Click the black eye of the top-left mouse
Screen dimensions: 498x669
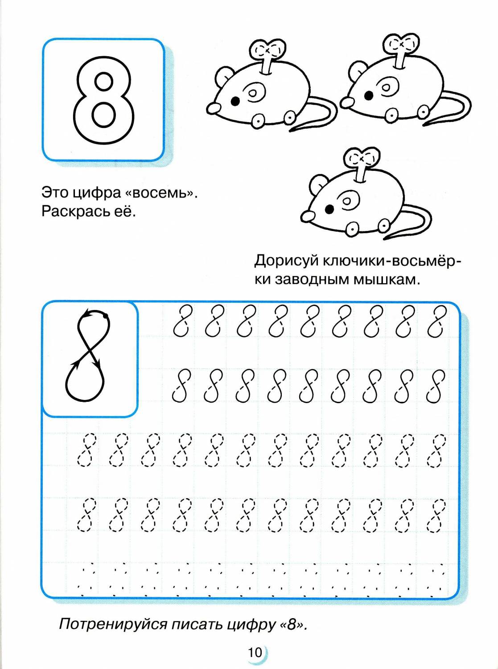(x=236, y=101)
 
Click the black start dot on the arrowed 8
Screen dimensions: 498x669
(x=106, y=316)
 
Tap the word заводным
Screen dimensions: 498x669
(x=310, y=281)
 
